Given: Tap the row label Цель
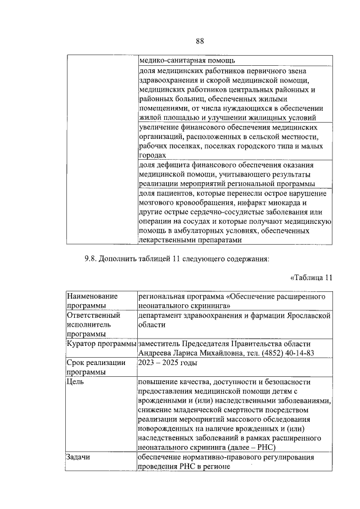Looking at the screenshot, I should pyautogui.click(x=75, y=382).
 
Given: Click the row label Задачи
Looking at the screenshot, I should pyautogui.click(x=78, y=457).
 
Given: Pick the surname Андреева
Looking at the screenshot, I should pyautogui.click(x=156, y=353).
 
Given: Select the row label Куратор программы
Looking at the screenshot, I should pyautogui.click(x=101, y=343).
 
